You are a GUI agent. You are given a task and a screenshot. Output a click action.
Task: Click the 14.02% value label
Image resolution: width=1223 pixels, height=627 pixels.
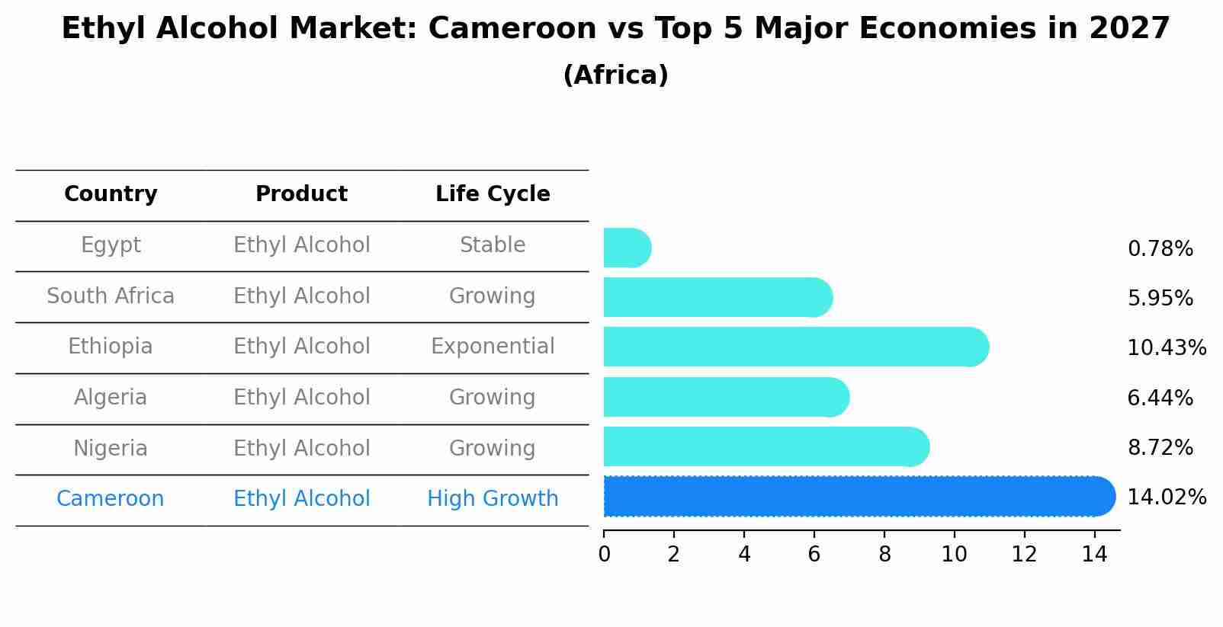tap(1166, 497)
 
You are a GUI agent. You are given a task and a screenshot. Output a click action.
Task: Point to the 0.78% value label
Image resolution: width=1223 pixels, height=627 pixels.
tap(1160, 249)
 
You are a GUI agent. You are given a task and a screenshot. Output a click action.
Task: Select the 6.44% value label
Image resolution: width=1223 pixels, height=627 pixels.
tap(1160, 398)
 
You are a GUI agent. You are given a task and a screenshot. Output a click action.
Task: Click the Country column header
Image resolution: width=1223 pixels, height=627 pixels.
tap(111, 194)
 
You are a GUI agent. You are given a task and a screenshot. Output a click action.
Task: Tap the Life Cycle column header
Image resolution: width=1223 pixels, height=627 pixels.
tap(493, 194)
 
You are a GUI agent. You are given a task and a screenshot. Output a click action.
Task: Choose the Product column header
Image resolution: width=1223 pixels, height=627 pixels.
tap(301, 194)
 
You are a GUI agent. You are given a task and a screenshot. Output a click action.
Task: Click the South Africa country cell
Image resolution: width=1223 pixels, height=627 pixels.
tap(111, 296)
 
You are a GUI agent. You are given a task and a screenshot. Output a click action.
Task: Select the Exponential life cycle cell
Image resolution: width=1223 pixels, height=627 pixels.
tap(493, 347)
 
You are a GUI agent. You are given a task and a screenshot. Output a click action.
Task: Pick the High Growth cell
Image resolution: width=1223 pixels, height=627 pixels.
tap(493, 499)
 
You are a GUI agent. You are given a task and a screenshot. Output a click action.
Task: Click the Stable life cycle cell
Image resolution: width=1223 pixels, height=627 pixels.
tap(493, 245)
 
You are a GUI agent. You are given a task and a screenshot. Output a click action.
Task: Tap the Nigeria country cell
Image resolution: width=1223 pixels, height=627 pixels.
tap(111, 449)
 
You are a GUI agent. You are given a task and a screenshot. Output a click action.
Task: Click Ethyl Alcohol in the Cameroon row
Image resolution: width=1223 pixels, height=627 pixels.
tap(301, 499)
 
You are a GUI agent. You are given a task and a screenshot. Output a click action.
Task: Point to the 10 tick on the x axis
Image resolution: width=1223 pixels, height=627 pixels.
tap(954, 555)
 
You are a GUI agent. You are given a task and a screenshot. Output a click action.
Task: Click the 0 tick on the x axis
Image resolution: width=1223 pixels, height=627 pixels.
tap(604, 555)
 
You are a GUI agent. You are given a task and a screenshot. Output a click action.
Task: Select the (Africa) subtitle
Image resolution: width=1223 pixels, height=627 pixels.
tap(615, 75)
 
